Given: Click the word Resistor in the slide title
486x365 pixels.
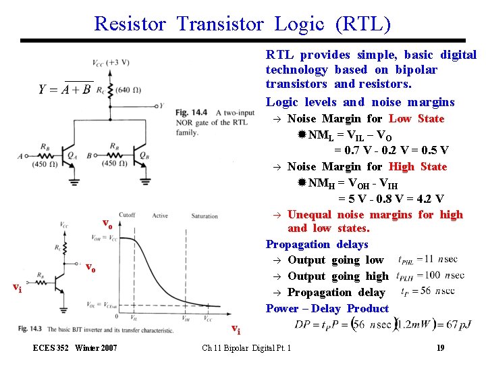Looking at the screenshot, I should coord(130,24).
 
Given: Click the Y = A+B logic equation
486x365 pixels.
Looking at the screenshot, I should coord(64,90).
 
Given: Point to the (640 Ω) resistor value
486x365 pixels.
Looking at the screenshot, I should coord(128,89).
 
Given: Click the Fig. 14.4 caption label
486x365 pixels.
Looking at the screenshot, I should coord(190,112).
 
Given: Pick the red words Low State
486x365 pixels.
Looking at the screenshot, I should coord(416,118).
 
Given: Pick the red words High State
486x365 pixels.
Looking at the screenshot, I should coord(418,166).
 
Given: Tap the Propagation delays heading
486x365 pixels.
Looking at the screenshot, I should coord(317,244).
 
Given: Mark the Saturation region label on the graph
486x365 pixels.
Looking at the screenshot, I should coord(204,216).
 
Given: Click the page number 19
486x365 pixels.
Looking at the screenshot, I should coord(439,348).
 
